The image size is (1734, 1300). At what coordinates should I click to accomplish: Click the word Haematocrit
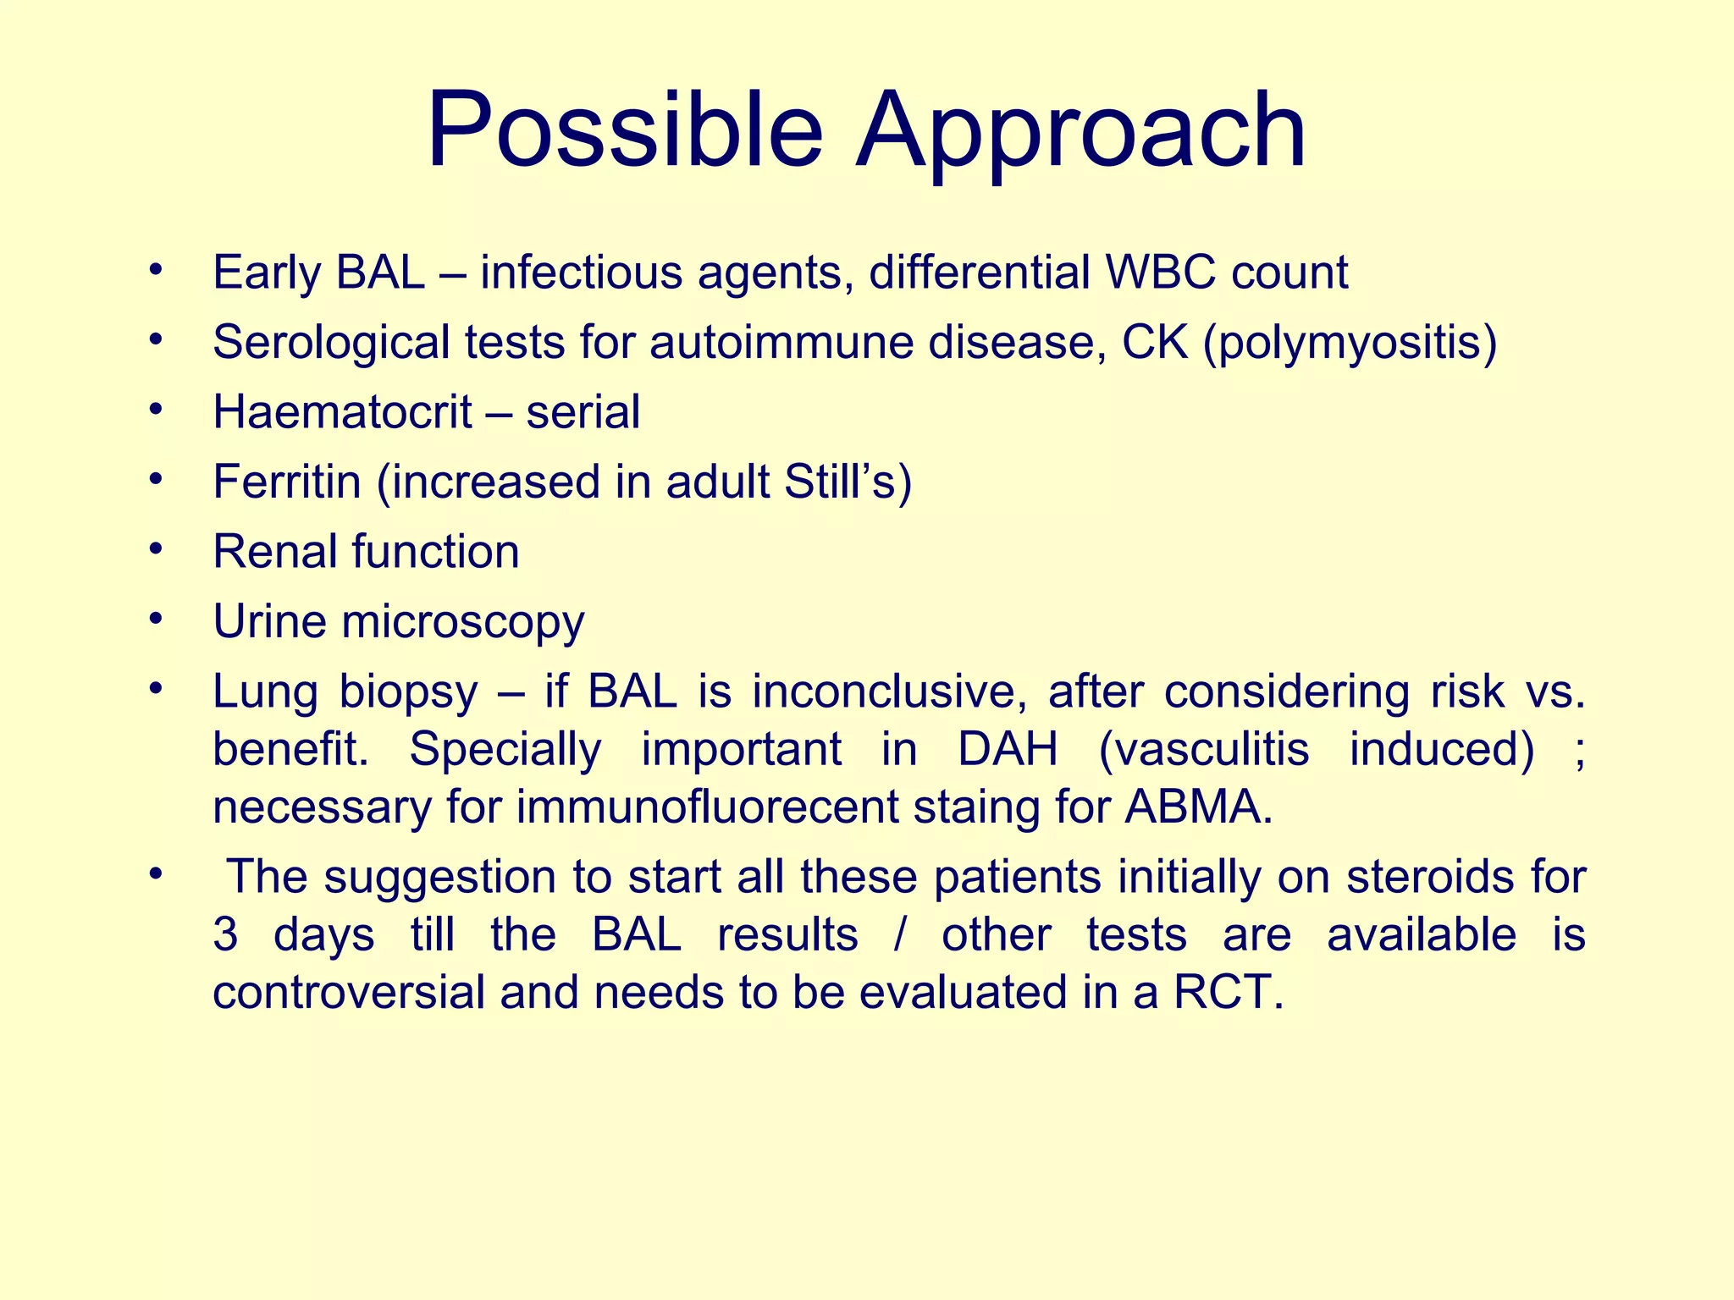coord(342,412)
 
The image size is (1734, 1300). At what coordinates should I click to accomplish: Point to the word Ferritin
coord(287,482)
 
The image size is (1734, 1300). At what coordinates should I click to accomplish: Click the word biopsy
coord(408,692)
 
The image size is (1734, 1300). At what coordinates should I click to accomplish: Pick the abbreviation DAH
coord(1008,749)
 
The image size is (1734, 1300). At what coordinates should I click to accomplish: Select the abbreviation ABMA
coord(1198,807)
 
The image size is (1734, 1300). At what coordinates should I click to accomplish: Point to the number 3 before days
coord(225,935)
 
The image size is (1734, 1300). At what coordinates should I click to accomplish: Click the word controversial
coord(348,992)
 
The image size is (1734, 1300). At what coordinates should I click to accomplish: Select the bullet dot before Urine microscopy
coord(154,618)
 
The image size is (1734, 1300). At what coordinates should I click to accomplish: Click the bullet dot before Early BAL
coord(154,269)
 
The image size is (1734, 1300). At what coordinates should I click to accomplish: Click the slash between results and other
coord(899,935)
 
